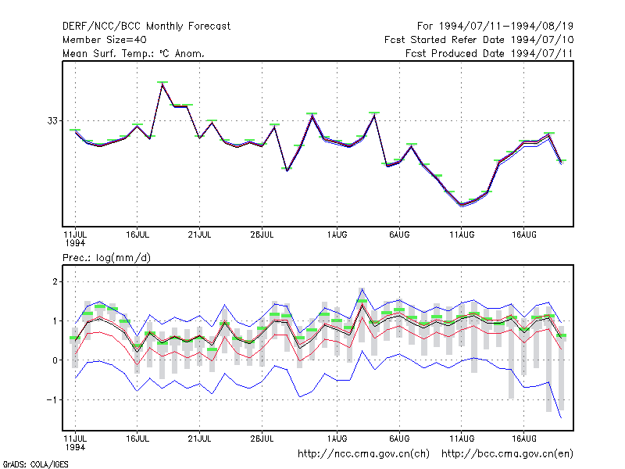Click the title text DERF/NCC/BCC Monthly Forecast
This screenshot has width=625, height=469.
(146, 27)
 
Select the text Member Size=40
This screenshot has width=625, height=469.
(105, 40)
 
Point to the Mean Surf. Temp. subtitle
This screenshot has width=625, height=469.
(134, 53)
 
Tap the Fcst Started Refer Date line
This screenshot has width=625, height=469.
(479, 40)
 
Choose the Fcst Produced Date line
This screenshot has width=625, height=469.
(489, 53)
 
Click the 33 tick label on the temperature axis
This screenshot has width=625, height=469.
(52, 120)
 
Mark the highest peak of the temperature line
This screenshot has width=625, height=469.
(162, 84)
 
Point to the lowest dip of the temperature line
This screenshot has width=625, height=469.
(462, 205)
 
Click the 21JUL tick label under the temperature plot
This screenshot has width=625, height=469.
(200, 234)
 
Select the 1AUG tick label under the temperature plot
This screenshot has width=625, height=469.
(337, 234)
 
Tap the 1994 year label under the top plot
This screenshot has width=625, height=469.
(75, 243)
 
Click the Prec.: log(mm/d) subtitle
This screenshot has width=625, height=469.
(106, 258)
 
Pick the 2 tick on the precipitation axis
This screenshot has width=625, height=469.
(55, 281)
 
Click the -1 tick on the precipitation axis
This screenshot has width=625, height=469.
(52, 399)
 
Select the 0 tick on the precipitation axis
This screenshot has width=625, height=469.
(55, 360)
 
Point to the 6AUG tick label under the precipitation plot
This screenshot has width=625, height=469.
(399, 439)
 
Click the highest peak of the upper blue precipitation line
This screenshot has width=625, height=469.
(362, 289)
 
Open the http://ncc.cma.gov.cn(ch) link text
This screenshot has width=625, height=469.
(363, 454)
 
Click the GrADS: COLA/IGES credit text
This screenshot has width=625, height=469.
(35, 464)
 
